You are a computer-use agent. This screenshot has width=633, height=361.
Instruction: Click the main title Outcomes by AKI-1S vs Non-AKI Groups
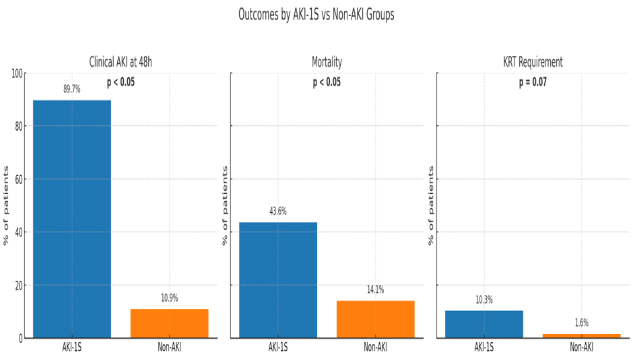pyautogui.click(x=316, y=15)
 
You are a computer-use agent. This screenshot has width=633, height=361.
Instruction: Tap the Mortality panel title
pyautogui.click(x=327, y=63)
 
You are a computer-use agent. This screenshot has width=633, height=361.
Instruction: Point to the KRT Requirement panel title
pyautogui.click(x=533, y=63)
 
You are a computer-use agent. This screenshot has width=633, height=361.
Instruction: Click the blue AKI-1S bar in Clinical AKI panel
pyautogui.click(x=72, y=219)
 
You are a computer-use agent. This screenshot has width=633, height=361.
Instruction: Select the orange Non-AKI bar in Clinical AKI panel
pyautogui.click(x=169, y=323)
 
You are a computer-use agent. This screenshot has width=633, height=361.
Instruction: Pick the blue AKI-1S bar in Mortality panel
pyautogui.click(x=278, y=280)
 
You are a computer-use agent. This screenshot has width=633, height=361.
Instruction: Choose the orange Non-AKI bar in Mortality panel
pyautogui.click(x=375, y=319)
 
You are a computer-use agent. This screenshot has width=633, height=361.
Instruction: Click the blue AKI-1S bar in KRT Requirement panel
pyautogui.click(x=484, y=324)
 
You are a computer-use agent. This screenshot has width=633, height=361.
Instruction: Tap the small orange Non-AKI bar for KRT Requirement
pyautogui.click(x=581, y=335)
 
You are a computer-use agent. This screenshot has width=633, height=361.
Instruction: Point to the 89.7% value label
pyautogui.click(x=72, y=89)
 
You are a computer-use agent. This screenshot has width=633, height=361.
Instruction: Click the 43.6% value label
pyautogui.click(x=278, y=211)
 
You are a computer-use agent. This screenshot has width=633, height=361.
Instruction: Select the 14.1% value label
pyautogui.click(x=375, y=290)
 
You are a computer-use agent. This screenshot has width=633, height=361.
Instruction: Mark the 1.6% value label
pyautogui.click(x=581, y=323)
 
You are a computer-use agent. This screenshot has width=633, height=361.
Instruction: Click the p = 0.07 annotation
pyautogui.click(x=533, y=83)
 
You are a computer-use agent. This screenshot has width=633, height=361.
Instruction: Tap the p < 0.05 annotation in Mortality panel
pyautogui.click(x=327, y=83)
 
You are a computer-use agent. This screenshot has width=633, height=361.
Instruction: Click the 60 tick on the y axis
pyautogui.click(x=18, y=179)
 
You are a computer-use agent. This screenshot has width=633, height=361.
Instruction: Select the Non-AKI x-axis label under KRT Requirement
pyautogui.click(x=581, y=348)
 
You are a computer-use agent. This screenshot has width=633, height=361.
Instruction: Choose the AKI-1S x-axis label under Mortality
pyautogui.click(x=278, y=348)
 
